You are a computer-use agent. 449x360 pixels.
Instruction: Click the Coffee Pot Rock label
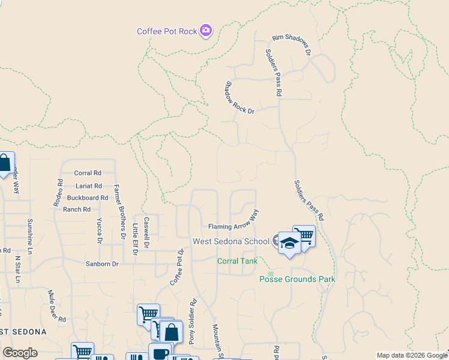(167, 31)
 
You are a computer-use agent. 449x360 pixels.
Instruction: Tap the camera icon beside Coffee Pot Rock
(206, 30)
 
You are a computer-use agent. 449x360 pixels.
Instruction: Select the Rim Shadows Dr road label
(292, 46)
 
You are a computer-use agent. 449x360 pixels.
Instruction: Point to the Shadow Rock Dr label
(240, 98)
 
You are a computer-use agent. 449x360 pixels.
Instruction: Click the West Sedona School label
(231, 241)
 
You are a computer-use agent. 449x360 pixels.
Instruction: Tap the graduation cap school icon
(289, 244)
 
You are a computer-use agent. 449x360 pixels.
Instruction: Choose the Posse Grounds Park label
(297, 279)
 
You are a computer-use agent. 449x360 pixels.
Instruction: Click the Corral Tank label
(237, 261)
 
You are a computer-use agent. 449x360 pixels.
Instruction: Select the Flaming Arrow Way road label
(234, 223)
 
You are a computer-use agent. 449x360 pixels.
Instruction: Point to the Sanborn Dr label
(103, 263)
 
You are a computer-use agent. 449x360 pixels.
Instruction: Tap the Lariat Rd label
(88, 186)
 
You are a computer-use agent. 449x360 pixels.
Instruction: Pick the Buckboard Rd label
(87, 197)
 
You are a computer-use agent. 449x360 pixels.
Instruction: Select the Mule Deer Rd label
(56, 305)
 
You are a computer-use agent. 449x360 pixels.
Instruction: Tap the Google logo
(20, 353)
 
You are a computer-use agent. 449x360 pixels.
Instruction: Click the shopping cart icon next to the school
(304, 235)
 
